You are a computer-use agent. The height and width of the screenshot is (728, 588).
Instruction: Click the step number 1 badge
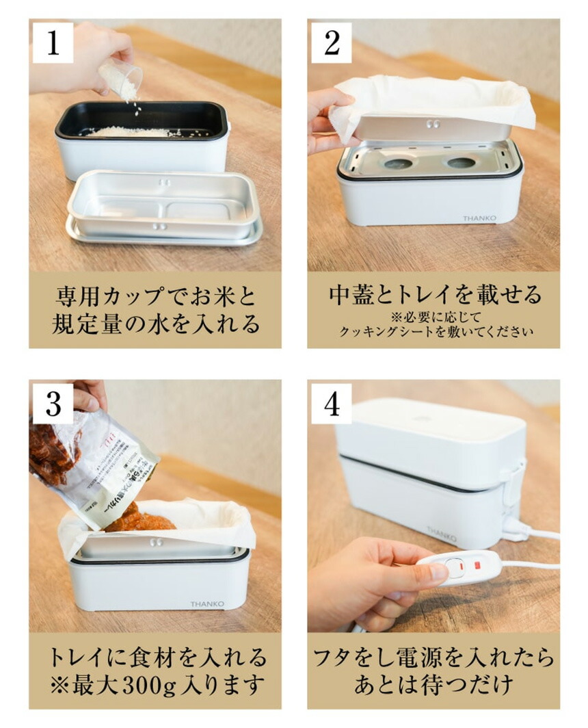tap(53, 42)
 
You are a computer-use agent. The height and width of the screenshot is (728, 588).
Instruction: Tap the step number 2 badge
tap(332, 42)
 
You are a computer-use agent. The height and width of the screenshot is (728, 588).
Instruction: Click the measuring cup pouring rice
tap(120, 79)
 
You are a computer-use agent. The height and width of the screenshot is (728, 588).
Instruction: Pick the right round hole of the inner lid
tap(462, 163)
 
